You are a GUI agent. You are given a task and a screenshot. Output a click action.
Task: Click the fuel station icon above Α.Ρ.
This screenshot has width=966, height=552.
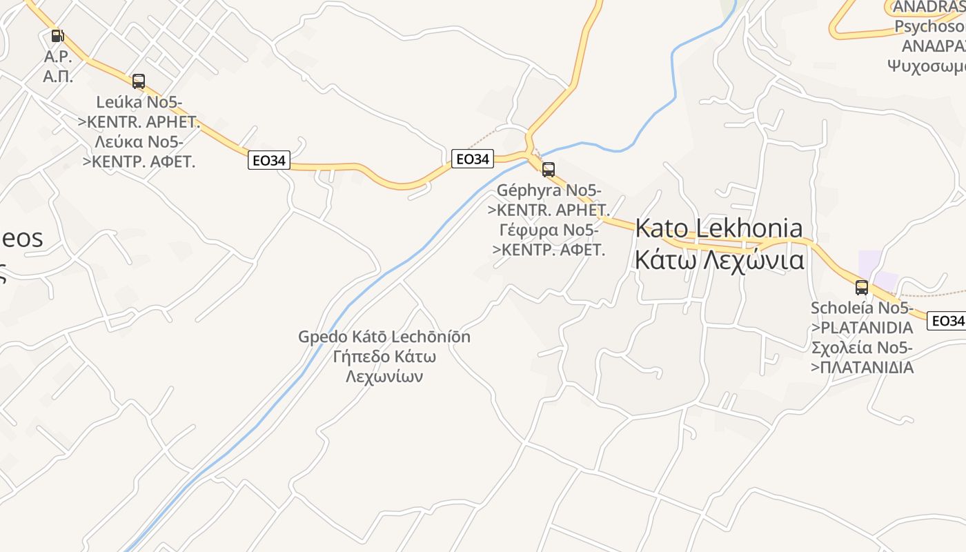point(57,36)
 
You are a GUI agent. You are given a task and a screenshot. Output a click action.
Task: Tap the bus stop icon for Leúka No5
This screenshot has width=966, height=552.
point(139,81)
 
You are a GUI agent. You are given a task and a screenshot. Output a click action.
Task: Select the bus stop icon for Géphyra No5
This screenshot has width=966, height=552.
point(549,169)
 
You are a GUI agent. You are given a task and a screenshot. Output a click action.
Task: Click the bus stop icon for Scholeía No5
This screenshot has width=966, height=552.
point(862,288)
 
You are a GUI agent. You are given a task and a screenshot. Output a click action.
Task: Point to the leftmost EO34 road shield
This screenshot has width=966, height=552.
point(269,161)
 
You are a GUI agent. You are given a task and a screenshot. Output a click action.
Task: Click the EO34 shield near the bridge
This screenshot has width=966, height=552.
point(473,159)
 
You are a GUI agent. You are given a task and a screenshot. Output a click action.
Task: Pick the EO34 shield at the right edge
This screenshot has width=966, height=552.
point(947,321)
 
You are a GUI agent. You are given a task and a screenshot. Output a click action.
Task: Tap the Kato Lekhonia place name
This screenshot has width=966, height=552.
point(719,228)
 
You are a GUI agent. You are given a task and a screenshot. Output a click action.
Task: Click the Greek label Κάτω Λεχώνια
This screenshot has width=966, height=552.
point(719,261)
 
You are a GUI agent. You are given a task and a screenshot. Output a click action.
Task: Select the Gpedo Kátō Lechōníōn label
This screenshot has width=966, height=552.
point(384,337)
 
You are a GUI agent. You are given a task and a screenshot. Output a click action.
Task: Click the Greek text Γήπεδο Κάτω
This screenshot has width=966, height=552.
point(384,357)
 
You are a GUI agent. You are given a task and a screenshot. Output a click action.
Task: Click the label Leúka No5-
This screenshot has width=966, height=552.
point(139,103)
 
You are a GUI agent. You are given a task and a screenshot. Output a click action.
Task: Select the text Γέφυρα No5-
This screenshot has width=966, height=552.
point(549,230)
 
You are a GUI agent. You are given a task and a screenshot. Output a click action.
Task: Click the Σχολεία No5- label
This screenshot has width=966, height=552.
point(862,347)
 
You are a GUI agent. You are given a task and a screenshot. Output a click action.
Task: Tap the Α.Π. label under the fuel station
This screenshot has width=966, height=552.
point(58,76)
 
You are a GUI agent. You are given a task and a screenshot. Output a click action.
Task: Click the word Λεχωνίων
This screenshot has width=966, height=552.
point(384,377)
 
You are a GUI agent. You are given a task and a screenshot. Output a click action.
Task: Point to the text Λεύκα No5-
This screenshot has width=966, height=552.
point(139,143)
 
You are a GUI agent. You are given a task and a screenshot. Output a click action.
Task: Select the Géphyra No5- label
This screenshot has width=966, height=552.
point(549,190)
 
